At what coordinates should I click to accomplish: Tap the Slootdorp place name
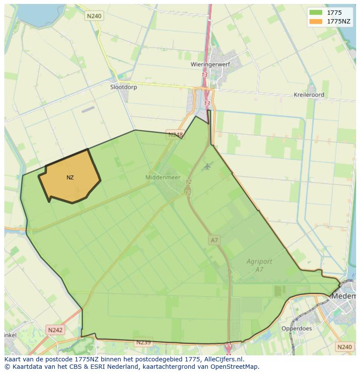pyautogui.click(x=123, y=87)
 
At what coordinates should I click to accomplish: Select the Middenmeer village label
pyautogui.click(x=162, y=177)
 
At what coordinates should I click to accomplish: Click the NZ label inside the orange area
pyautogui.click(x=70, y=178)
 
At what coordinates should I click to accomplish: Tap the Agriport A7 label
pyautogui.click(x=259, y=265)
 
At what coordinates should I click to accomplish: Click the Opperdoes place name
pyautogui.click(x=297, y=328)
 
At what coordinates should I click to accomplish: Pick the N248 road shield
pyautogui.click(x=175, y=135)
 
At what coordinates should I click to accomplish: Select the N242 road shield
pyautogui.click(x=55, y=330)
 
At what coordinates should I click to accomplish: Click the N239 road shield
pyautogui.click(x=143, y=342)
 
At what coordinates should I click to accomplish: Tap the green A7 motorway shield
pyautogui.click(x=214, y=240)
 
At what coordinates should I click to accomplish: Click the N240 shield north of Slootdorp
pyautogui.click(x=94, y=16)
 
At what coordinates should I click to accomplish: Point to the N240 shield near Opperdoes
pyautogui.click(x=344, y=347)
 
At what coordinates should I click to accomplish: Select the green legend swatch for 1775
pyautogui.click(x=316, y=13)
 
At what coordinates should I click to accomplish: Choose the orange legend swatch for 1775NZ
pyautogui.click(x=316, y=21)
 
